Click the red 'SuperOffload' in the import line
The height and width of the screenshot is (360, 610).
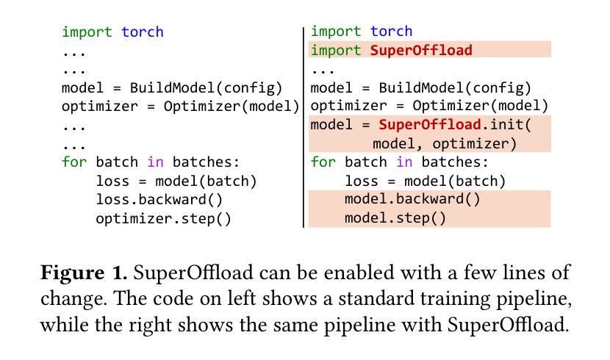[x=420, y=50]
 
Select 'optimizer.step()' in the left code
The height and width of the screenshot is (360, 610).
[x=163, y=218]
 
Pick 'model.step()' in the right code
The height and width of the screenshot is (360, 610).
[x=395, y=218]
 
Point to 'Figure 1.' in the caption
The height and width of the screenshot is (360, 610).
[x=84, y=273]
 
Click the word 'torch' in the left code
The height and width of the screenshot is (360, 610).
[x=143, y=32]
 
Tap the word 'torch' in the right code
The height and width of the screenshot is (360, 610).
[x=391, y=32]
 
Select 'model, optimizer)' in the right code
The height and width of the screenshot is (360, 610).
[x=445, y=143]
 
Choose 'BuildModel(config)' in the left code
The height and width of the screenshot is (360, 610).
[x=206, y=87]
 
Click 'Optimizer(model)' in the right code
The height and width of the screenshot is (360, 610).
[x=480, y=106]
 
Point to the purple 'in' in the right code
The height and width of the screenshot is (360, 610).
[x=403, y=162]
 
